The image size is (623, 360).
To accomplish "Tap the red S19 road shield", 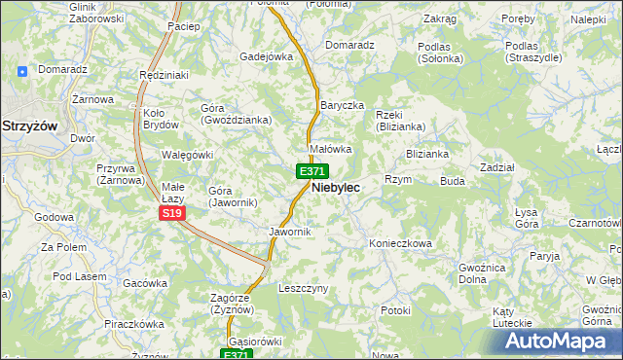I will click(172, 213).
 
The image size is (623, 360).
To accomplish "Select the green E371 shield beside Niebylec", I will click(311, 170).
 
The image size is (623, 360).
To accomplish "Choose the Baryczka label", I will click(342, 104).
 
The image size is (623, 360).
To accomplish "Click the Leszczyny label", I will click(304, 289).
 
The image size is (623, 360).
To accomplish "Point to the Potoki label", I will click(396, 310).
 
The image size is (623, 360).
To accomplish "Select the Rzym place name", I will click(398, 180).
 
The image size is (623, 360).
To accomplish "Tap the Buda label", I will click(453, 181).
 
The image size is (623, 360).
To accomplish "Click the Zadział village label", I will click(497, 167).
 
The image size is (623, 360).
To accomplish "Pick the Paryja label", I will click(546, 256).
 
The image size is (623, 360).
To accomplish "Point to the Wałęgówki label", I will click(187, 155).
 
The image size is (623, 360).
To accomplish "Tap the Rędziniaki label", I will click(163, 75).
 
